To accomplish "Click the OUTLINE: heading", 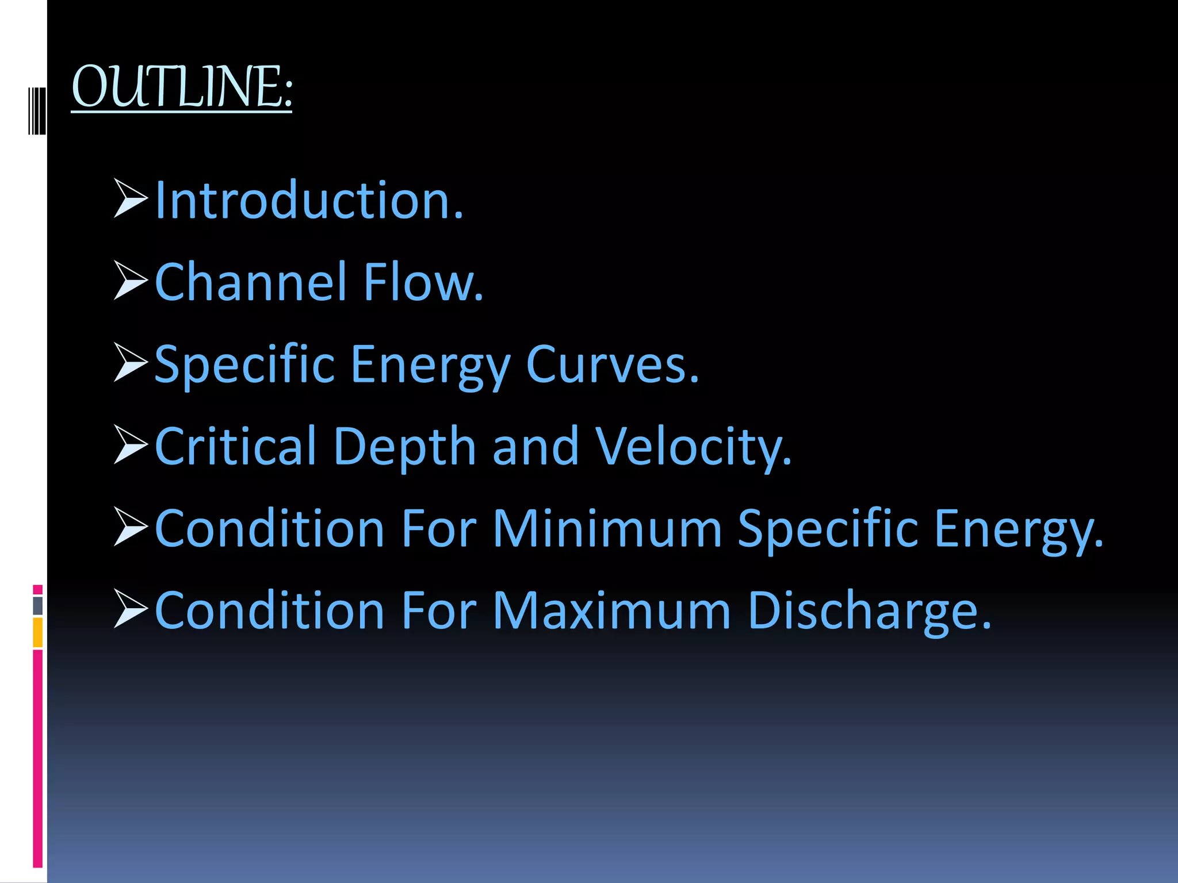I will tap(182, 87).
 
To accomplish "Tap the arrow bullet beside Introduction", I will tap(131, 198).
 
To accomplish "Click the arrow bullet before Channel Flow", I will tap(131, 281).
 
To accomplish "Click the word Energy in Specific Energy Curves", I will tap(430, 366).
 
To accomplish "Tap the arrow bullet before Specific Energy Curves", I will tap(131, 362).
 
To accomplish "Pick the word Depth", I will tap(404, 447).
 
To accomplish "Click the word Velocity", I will tap(693, 447).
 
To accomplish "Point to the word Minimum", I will tap(607, 528).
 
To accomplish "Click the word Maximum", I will tap(612, 611).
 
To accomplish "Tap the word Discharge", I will tap(870, 612).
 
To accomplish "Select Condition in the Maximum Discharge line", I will tap(269, 611).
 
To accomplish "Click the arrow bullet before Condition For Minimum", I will tap(131, 526).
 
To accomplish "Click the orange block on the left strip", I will tap(38, 632).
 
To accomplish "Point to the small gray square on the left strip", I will tap(38, 605).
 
